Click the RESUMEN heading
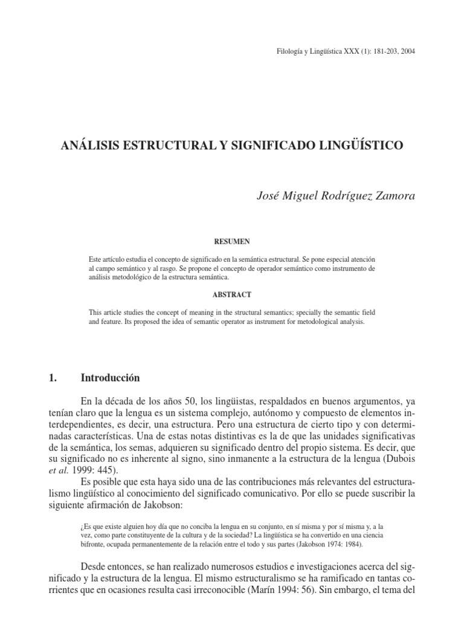(232, 241)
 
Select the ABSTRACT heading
(232, 294)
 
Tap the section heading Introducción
(110, 378)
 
